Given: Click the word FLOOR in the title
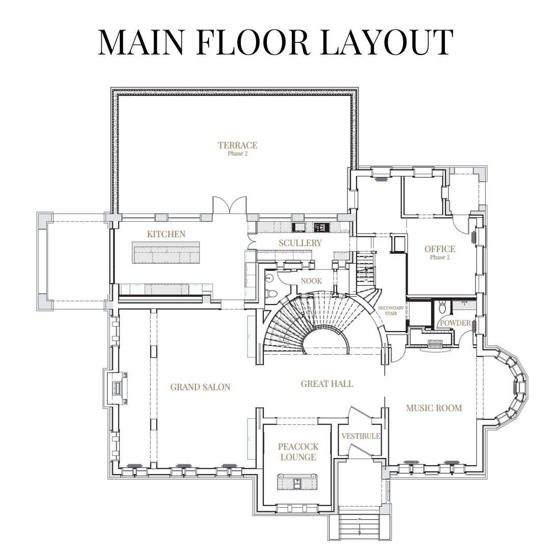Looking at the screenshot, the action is click(x=253, y=42).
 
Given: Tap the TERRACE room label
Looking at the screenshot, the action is click(x=238, y=145).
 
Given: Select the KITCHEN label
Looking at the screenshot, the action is click(x=166, y=234).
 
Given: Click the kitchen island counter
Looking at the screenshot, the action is click(x=166, y=253).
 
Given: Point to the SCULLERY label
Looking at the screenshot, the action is click(x=300, y=243).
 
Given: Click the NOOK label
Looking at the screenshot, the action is click(x=311, y=281).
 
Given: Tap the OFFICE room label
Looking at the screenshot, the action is click(x=440, y=249).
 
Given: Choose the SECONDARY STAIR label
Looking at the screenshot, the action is click(x=391, y=310).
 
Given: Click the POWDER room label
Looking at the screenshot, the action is click(x=456, y=323).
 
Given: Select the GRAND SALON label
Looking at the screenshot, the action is click(x=201, y=387).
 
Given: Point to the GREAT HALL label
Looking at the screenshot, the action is click(x=327, y=384).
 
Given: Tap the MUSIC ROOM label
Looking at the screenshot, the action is click(x=434, y=408).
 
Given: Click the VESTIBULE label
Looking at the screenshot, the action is click(x=361, y=436).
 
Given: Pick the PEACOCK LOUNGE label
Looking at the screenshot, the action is click(x=298, y=452).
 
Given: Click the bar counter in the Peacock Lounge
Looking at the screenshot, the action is click(x=297, y=482).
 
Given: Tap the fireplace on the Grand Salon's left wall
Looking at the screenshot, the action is click(x=116, y=388).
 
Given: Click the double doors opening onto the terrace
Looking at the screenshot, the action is click(x=230, y=205).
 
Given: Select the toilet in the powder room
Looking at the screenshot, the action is click(x=442, y=308).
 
